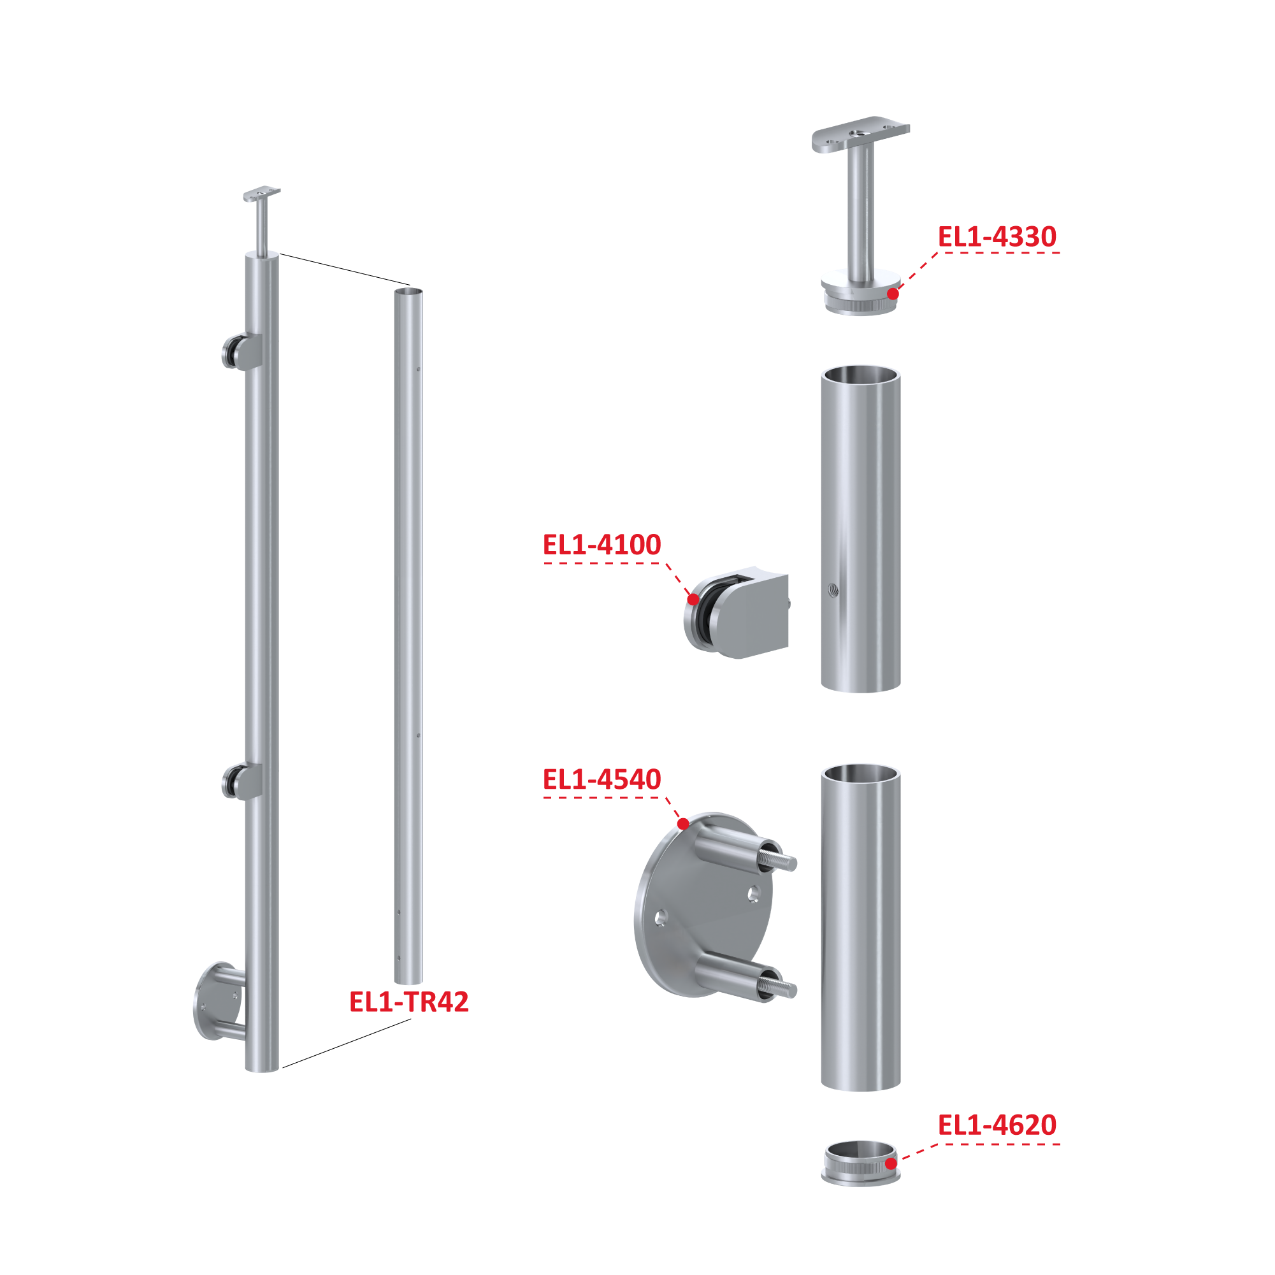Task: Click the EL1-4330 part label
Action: point(997,237)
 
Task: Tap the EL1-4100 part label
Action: point(601,544)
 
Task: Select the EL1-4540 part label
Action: point(601,779)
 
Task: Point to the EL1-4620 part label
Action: point(997,1125)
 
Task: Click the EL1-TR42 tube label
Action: point(408,1002)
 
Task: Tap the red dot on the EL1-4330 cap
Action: point(892,294)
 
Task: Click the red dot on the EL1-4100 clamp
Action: point(693,599)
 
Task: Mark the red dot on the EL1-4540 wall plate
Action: point(683,824)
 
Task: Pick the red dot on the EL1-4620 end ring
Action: point(890,1163)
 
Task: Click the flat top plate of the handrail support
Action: point(861,134)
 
